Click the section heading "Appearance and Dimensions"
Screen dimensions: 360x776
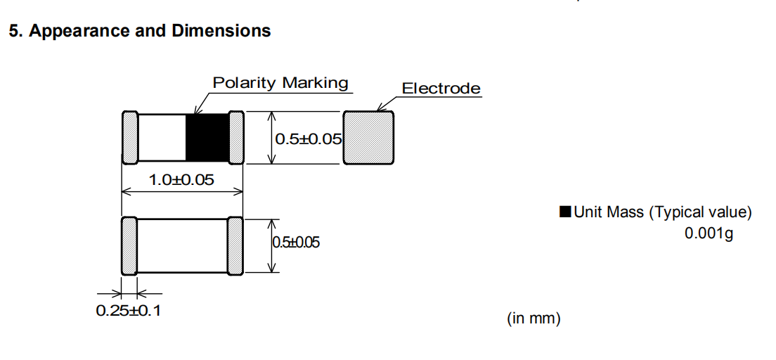(x=151, y=31)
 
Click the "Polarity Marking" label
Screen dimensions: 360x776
(x=280, y=83)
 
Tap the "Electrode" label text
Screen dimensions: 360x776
(x=441, y=89)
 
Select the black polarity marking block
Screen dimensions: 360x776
(x=207, y=138)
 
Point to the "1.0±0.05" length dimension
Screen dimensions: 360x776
(x=181, y=180)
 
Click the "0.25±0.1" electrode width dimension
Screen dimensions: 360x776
(x=129, y=310)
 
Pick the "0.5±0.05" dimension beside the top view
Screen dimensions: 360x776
(x=308, y=139)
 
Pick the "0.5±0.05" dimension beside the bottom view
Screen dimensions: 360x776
(x=295, y=243)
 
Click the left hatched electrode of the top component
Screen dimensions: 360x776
(x=129, y=138)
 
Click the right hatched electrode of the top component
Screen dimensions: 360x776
(x=236, y=138)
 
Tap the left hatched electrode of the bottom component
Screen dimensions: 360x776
(x=129, y=245)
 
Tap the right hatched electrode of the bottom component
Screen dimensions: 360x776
(x=235, y=245)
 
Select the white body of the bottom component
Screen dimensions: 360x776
(x=182, y=245)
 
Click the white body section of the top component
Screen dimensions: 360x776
(x=161, y=138)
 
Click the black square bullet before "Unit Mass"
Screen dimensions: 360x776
(x=565, y=212)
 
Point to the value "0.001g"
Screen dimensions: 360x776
(x=709, y=233)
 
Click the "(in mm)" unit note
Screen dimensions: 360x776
(x=533, y=319)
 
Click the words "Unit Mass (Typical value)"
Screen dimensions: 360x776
(x=663, y=212)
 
